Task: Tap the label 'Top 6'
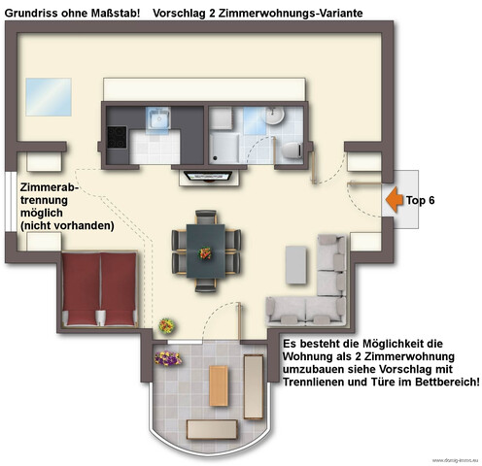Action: pyautogui.click(x=420, y=200)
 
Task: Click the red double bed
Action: pyautogui.click(x=97, y=288)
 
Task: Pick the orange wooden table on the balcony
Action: pyautogui.click(x=220, y=386)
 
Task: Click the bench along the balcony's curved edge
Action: pyautogui.click(x=213, y=428)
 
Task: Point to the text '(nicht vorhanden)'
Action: pyautogui.click(x=67, y=225)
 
